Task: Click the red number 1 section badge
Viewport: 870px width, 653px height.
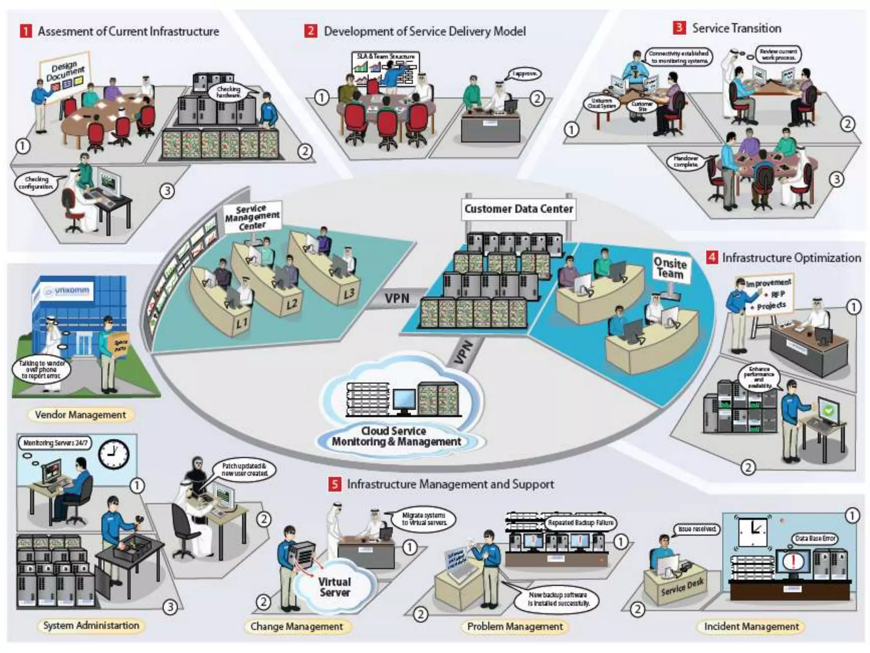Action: pos(26,31)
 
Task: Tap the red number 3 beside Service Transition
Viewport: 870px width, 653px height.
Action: pos(679,28)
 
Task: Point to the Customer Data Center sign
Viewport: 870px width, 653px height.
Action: pos(518,209)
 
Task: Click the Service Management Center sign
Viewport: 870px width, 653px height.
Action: pos(251,217)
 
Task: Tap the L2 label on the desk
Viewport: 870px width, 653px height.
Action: pos(291,304)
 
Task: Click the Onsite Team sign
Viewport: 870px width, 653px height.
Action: pos(670,268)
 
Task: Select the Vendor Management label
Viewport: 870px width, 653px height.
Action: pos(80,415)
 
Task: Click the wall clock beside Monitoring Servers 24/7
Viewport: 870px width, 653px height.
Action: pos(113,454)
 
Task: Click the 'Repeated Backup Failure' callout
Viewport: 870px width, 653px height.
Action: pos(580,522)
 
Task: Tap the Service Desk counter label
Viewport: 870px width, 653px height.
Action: pos(682,587)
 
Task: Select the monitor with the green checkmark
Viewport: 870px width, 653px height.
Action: pos(828,411)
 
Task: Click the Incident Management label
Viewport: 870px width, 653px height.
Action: pos(751,627)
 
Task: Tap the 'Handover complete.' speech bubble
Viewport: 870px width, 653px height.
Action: pos(685,161)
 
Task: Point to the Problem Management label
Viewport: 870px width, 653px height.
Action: pos(514,627)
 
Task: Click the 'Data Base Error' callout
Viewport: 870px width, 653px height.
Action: pos(815,538)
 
